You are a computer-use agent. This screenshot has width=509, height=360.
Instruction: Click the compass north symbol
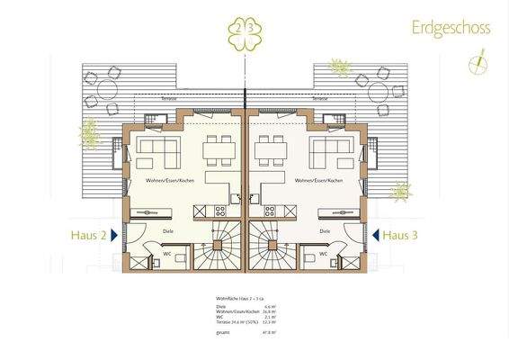pyautogui.click(x=477, y=64)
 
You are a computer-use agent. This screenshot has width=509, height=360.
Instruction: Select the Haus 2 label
pyautogui.click(x=90, y=235)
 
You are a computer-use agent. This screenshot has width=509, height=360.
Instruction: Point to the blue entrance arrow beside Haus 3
pyautogui.click(x=373, y=235)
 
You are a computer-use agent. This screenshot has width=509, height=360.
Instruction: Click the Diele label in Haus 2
pyautogui.click(x=168, y=231)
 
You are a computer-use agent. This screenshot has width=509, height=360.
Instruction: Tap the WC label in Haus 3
pyautogui.click(x=322, y=255)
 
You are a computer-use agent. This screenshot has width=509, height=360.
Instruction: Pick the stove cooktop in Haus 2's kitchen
pyautogui.click(x=220, y=211)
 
